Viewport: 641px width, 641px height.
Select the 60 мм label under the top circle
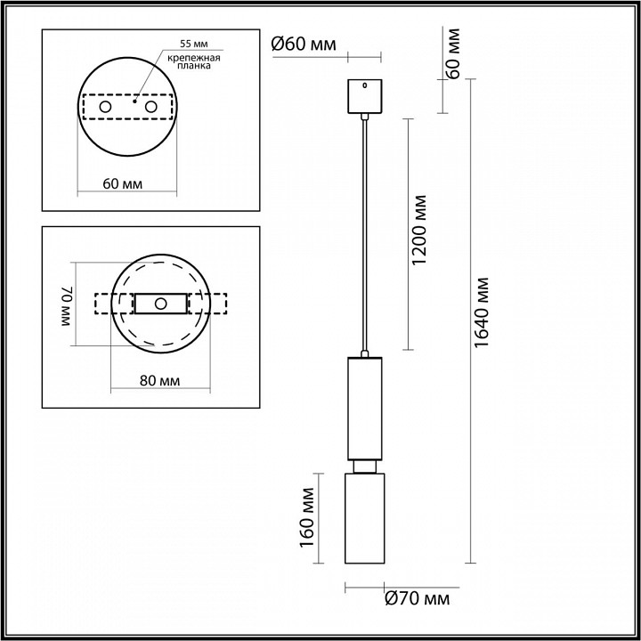point(123,183)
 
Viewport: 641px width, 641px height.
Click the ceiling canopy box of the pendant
point(363,97)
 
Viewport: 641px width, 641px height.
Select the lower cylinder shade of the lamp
point(363,518)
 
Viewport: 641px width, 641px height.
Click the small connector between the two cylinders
point(363,466)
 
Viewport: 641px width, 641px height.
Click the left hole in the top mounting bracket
point(105,108)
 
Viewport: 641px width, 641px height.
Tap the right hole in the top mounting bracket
point(150,108)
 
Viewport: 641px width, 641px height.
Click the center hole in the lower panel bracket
point(161,304)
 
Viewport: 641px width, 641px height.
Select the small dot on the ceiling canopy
point(363,86)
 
